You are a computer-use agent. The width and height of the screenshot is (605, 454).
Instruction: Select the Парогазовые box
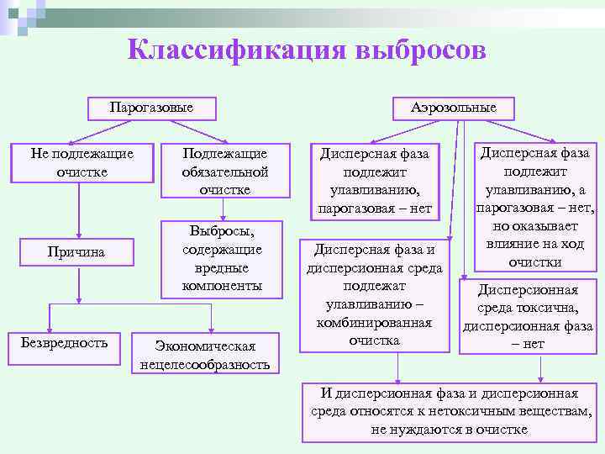pos(151,108)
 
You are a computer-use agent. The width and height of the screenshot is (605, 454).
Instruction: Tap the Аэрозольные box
pos(454,108)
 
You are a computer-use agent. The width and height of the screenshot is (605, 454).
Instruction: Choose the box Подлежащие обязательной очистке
pos(224,171)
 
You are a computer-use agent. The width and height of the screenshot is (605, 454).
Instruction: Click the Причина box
pos(77,252)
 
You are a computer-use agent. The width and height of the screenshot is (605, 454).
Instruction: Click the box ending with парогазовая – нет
pos(373,180)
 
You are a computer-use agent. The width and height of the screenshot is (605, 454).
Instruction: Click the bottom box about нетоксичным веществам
pos(450,411)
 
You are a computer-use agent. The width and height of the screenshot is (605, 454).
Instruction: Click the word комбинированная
pos(374,323)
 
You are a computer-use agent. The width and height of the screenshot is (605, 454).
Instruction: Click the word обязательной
pos(224,172)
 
